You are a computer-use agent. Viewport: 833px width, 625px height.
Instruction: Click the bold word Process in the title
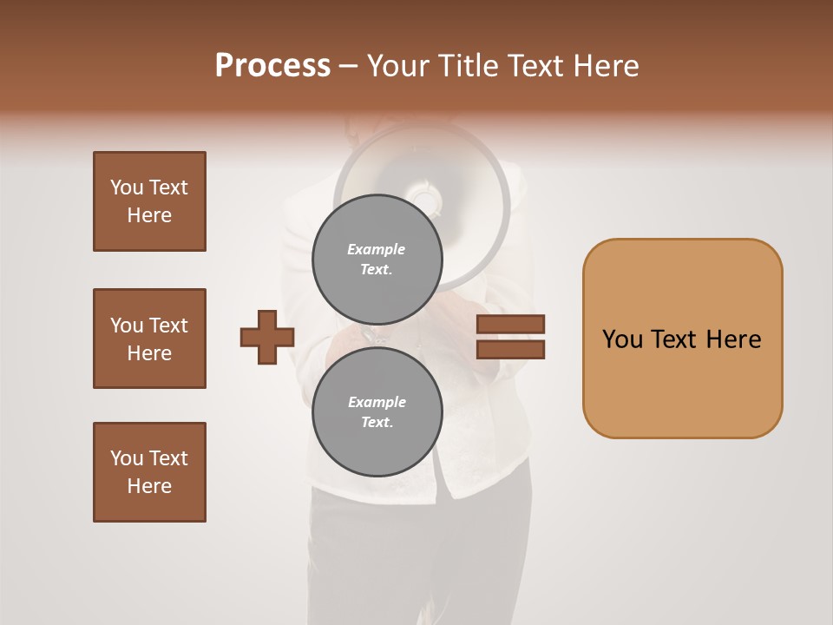(272, 66)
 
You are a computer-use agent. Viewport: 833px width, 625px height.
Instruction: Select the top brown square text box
(149, 201)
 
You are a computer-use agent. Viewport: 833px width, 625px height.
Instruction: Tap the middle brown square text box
(149, 339)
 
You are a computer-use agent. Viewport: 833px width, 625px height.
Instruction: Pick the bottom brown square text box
(149, 472)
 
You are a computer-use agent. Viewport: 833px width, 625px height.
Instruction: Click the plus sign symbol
(267, 338)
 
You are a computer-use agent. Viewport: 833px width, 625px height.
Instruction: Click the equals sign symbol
(510, 337)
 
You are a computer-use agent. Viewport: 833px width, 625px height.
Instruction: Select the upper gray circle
(377, 260)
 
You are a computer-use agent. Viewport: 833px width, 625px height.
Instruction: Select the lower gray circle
(377, 412)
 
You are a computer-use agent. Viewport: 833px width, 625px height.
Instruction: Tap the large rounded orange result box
(682, 339)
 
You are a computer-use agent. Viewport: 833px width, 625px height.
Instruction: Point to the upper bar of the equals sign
(510, 325)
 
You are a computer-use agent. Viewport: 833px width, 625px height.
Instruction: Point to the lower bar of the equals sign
(510, 349)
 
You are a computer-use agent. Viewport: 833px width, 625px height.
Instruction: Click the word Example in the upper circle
(376, 249)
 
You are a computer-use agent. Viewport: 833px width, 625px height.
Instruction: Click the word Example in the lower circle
(376, 402)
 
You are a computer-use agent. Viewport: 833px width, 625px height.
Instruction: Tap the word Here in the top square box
(149, 215)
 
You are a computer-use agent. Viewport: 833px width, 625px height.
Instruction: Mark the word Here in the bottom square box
(149, 486)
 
